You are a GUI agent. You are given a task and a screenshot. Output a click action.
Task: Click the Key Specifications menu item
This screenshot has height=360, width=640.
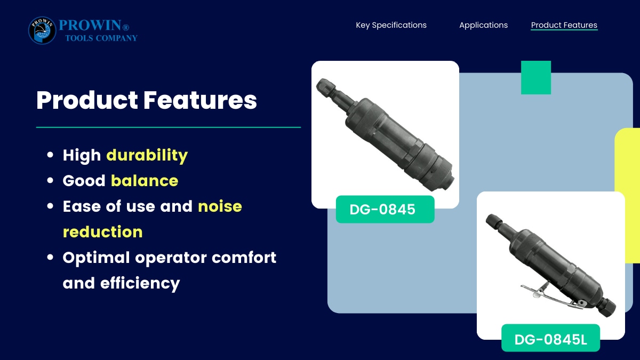tap(391, 25)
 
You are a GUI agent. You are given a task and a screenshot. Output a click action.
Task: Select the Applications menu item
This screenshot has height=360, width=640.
tap(483, 25)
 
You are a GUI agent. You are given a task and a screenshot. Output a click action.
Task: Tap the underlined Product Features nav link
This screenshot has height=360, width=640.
tap(564, 25)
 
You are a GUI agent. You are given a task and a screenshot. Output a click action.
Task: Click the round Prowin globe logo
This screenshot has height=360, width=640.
tap(42, 30)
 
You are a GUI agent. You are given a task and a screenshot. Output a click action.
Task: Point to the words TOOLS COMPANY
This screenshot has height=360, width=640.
tap(101, 38)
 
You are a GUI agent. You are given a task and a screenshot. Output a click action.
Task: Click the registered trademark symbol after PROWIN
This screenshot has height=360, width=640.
tap(126, 27)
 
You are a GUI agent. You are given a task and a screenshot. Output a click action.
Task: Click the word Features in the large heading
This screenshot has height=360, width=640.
tap(200, 100)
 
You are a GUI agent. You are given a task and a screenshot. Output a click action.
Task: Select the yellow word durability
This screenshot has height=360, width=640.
tap(147, 155)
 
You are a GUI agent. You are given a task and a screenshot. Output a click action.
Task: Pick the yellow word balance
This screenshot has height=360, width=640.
tap(145, 181)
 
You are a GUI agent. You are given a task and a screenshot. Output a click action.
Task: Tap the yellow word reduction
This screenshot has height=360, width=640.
tap(102, 231)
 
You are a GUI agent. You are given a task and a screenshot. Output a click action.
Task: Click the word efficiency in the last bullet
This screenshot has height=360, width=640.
tap(140, 283)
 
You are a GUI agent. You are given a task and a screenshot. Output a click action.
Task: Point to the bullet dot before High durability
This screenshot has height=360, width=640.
tap(50, 155)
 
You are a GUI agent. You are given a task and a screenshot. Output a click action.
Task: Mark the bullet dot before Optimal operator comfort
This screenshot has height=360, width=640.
tap(50, 258)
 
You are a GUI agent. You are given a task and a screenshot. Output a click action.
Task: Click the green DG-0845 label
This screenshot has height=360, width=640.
tap(385, 210)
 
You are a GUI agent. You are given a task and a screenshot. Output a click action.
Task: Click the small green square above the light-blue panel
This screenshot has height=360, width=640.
tap(536, 77)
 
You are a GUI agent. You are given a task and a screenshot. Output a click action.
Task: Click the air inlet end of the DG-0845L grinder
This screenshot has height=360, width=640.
tap(608, 309)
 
